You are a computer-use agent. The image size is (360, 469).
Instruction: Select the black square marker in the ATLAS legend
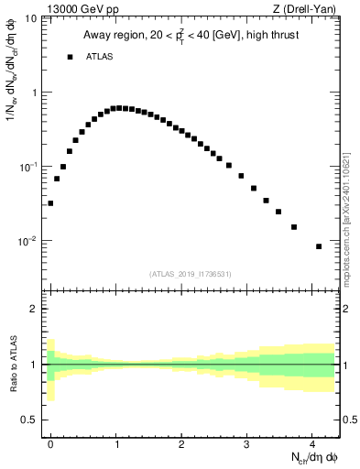pyautogui.click(x=70, y=57)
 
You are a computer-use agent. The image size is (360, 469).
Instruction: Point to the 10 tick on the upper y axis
pyautogui.click(x=31, y=18)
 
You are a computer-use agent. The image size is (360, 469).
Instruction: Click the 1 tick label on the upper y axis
pyautogui.click(x=34, y=93)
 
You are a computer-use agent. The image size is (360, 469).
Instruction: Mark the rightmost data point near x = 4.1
pyautogui.click(x=319, y=246)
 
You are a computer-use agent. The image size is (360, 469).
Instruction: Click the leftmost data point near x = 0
pyautogui.click(x=50, y=203)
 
